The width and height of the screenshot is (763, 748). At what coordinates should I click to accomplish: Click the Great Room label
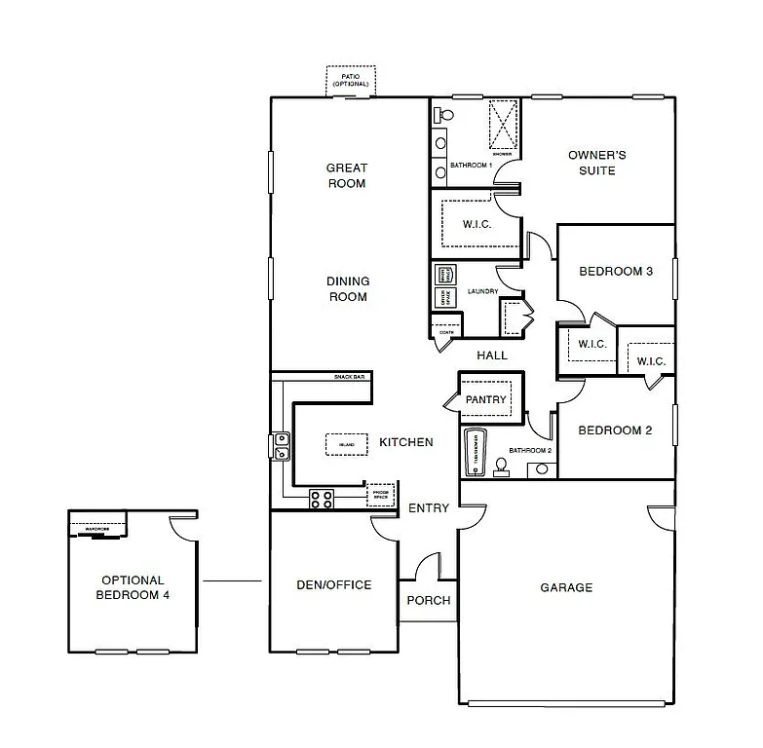click(347, 175)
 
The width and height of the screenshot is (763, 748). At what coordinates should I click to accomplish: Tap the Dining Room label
click(348, 289)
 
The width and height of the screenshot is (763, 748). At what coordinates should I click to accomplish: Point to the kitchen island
click(345, 443)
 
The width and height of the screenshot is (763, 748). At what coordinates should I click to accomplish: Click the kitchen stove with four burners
click(322, 499)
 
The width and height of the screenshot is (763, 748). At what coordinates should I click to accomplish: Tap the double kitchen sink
click(281, 446)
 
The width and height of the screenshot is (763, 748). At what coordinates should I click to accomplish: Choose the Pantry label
click(484, 399)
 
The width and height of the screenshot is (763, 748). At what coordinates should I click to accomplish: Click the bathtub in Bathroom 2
click(475, 452)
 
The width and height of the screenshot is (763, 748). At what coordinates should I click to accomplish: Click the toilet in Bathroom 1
click(444, 115)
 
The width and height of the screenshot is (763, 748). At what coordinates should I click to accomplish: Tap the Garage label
click(566, 587)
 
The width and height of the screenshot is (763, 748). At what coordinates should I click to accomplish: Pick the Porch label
click(429, 600)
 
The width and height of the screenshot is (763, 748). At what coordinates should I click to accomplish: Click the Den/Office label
click(333, 585)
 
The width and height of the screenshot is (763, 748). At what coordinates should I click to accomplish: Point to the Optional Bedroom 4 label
click(133, 587)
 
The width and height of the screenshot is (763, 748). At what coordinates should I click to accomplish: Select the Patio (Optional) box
click(351, 82)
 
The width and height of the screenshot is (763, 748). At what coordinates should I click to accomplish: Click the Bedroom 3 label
click(615, 271)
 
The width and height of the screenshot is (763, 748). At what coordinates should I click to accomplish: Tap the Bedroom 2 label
click(615, 430)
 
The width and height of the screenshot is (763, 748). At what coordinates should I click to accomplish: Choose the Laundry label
click(483, 291)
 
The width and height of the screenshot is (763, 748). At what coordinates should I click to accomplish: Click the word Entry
click(429, 508)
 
